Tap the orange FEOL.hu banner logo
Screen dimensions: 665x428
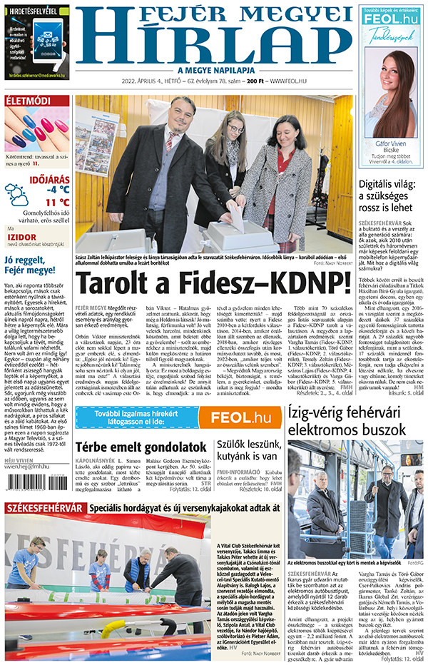pos(240,417)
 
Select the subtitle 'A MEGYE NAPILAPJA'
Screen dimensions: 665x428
pos(216,70)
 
